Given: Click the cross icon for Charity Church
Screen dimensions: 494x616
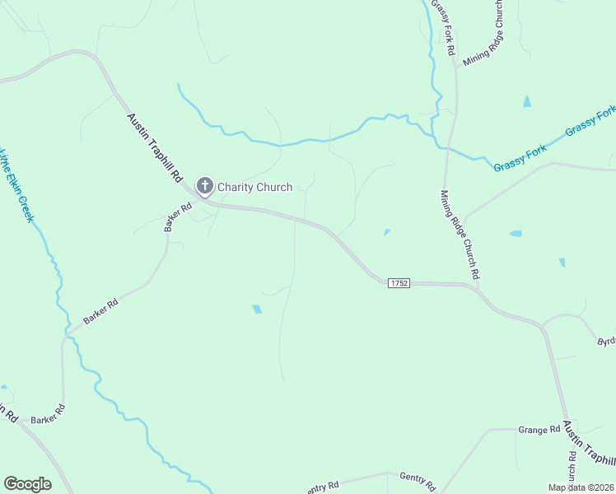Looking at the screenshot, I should tap(204, 186).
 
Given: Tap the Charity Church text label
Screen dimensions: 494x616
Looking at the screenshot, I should tap(254, 187).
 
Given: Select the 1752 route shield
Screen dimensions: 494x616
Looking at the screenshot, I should tap(399, 282).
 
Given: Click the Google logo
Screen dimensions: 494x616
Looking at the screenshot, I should tap(27, 484).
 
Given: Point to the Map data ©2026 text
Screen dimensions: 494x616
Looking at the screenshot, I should tap(581, 487).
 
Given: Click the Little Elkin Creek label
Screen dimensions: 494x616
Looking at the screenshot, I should tap(16, 184).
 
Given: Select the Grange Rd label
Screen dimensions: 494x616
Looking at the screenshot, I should tap(539, 430).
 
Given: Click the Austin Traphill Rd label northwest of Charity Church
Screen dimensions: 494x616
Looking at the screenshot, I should tap(154, 148).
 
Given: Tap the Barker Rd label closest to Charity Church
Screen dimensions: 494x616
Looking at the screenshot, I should tap(177, 217).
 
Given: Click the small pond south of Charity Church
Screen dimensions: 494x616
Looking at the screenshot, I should tap(256, 310).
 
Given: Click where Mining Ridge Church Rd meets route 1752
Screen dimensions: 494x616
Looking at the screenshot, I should tap(475, 287).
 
